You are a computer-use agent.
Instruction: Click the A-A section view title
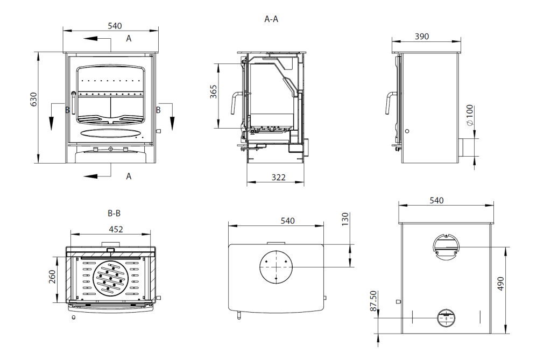[271, 19]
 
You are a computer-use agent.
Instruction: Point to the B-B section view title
[113, 213]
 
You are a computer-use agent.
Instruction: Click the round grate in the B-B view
[111, 278]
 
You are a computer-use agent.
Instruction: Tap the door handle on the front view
[73, 103]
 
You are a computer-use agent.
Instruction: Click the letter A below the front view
[129, 176]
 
